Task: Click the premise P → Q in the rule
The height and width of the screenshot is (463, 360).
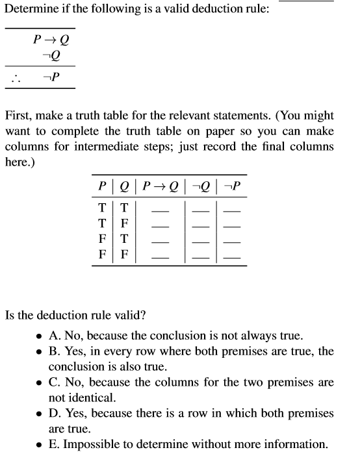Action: click(51, 40)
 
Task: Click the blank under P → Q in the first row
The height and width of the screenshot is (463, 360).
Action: click(161, 211)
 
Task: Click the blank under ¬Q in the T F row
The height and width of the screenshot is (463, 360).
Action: click(201, 227)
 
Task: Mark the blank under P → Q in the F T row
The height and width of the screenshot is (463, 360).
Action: click(161, 244)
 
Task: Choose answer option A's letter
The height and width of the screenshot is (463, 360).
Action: click(53, 336)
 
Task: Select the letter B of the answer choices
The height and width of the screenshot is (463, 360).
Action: click(53, 352)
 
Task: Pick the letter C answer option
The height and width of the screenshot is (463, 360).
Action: click(53, 382)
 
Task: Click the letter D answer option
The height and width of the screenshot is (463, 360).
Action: click(53, 414)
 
